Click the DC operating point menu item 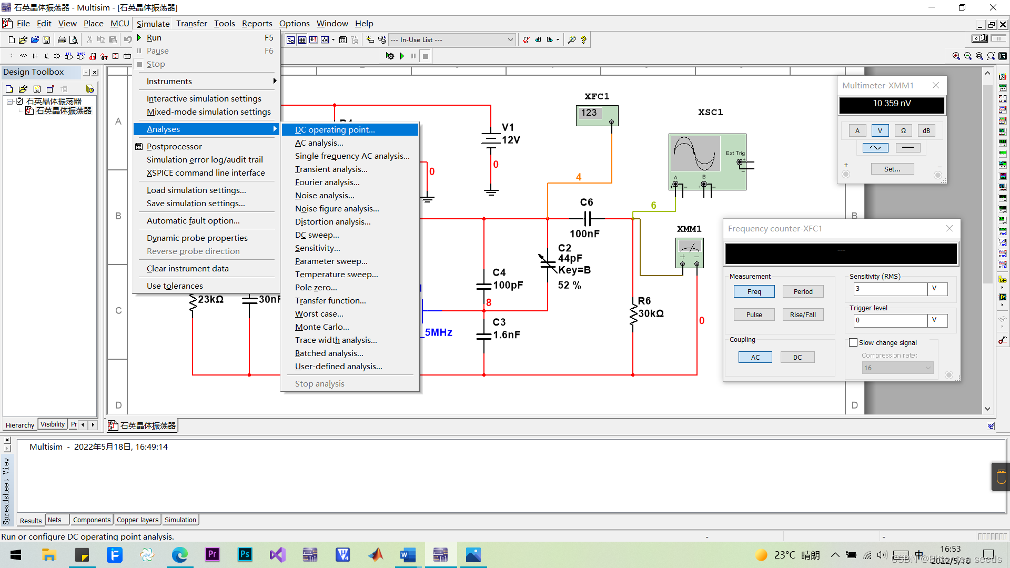click(335, 130)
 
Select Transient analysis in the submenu click(331, 169)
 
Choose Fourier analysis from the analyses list click(327, 182)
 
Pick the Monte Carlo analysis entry click(322, 327)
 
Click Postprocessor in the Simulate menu click(174, 147)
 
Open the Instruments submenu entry click(169, 82)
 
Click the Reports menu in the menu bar click(257, 24)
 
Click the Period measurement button click(803, 292)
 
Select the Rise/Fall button click(803, 315)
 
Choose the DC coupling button click(797, 358)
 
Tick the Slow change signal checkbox click(853, 343)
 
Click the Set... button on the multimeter click(892, 169)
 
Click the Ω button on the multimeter click(903, 131)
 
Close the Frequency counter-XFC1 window click(950, 229)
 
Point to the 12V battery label click(511, 140)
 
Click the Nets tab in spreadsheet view click(55, 520)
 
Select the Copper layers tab click(137, 520)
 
